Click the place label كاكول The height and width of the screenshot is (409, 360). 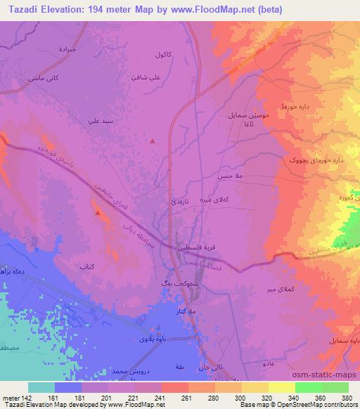click(x=163, y=54)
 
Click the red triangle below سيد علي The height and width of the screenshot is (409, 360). click(x=153, y=141)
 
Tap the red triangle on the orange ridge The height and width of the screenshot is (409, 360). click(x=98, y=211)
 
